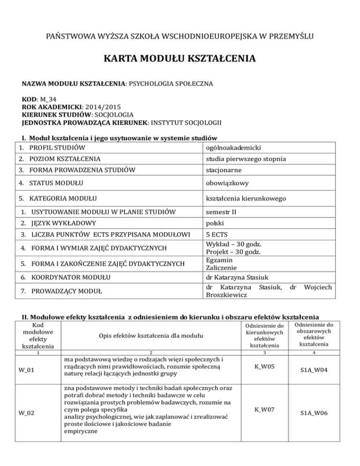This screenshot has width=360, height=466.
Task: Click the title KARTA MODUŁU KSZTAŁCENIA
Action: click(x=180, y=59)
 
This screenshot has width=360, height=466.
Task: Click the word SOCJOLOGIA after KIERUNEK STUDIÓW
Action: click(x=116, y=115)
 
